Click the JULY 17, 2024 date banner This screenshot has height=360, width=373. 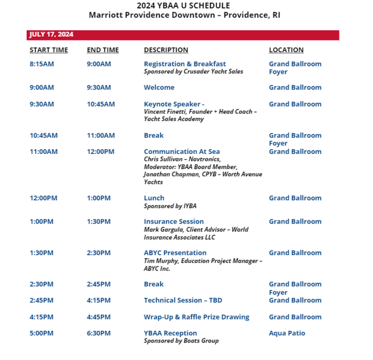[52, 35]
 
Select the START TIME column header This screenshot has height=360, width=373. [48, 50]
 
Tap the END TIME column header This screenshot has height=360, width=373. [103, 50]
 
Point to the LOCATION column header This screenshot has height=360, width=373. [286, 50]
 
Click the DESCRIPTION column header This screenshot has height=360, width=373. [166, 50]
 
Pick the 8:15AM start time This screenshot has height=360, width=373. [42, 64]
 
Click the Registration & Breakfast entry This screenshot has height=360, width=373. [184, 64]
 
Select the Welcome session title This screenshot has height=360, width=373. [159, 87]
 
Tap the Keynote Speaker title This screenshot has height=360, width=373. [174, 104]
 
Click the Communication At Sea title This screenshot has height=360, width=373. [182, 152]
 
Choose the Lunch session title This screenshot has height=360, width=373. [154, 198]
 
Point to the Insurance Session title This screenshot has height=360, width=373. [174, 222]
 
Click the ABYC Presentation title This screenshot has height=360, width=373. [175, 253]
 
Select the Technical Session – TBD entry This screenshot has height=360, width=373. [183, 300]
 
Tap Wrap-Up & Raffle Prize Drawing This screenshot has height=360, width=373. [196, 317]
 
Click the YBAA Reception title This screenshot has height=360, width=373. [170, 333]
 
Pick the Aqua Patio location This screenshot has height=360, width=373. [287, 333]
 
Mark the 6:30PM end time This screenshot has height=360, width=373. [99, 333]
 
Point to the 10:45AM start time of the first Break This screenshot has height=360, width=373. [44, 136]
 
